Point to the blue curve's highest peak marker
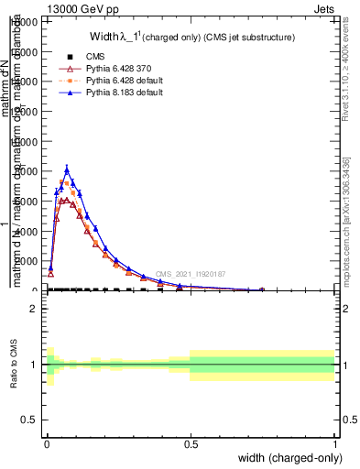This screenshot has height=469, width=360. click(x=67, y=169)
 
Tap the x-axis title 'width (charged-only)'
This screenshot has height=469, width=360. click(x=287, y=458)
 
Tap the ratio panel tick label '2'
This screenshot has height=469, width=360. click(x=36, y=310)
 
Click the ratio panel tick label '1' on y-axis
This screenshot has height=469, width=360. click(x=36, y=365)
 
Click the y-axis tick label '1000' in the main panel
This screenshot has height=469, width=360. click(x=28, y=261)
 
